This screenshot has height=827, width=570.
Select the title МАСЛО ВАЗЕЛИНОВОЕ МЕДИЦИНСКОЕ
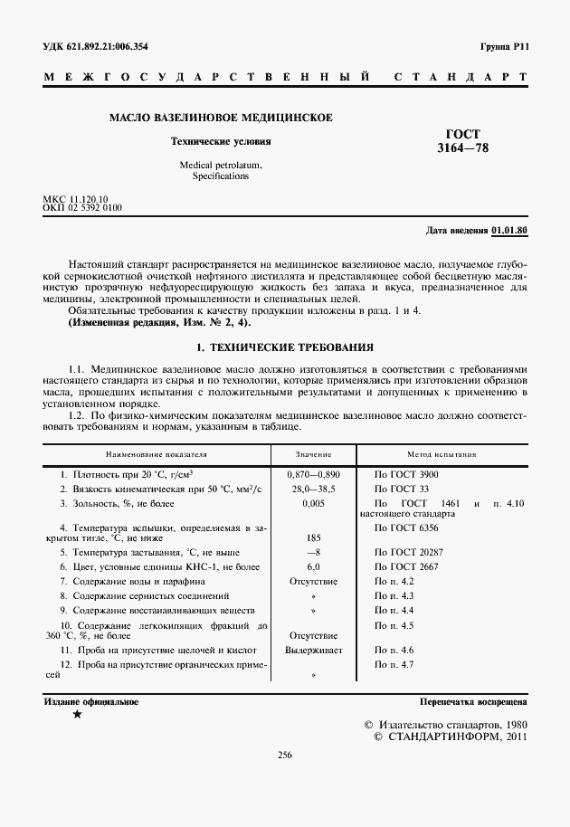pos(221,118)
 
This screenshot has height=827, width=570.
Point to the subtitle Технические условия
pos(221,142)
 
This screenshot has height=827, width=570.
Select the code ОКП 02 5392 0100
pos(82,207)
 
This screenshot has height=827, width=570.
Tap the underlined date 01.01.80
pos(510,230)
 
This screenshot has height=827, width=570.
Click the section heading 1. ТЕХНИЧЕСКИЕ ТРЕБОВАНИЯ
pos(285,347)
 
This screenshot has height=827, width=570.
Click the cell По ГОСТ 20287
pos(407,551)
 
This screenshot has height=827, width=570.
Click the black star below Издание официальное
pos(77,715)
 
